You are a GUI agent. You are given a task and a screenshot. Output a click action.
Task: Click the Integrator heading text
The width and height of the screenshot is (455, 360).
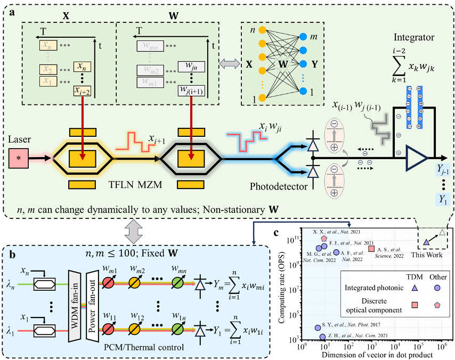coord(413,38)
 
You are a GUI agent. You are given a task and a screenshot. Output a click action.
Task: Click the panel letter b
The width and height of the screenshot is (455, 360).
coord(11,255)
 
